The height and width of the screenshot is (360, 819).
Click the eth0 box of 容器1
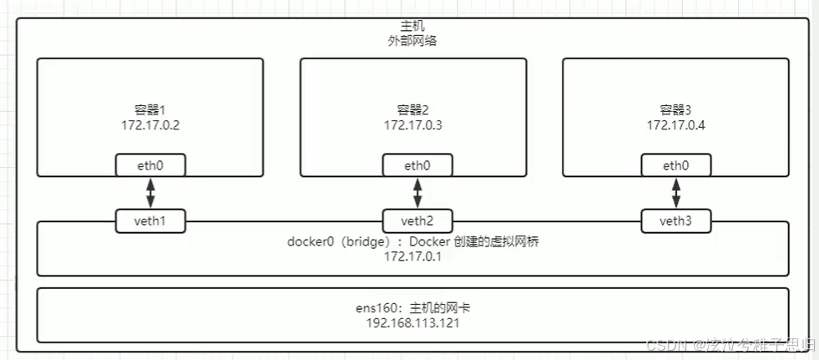pyautogui.click(x=150, y=165)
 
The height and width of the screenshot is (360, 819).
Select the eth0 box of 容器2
pyautogui.click(x=417, y=165)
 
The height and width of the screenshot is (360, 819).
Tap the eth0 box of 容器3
pyautogui.click(x=675, y=165)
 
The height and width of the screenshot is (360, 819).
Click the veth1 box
pyautogui.click(x=150, y=221)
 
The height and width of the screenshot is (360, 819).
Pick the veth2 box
pyautogui.click(x=417, y=221)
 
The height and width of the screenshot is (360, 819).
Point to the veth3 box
pyautogui.click(x=675, y=221)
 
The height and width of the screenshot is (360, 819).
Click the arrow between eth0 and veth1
pyautogui.click(x=150, y=193)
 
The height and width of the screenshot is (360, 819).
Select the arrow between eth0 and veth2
pyautogui.click(x=417, y=193)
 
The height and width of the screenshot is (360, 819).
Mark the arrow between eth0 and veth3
pyautogui.click(x=675, y=193)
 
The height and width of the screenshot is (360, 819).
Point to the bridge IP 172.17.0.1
pyautogui.click(x=412, y=256)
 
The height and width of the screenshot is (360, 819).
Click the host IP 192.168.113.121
pyautogui.click(x=412, y=322)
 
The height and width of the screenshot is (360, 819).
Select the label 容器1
pyautogui.click(x=150, y=109)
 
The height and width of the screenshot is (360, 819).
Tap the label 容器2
pyautogui.click(x=412, y=109)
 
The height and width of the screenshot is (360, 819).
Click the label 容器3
pyautogui.click(x=675, y=109)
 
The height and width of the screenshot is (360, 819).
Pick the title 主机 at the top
pyautogui.click(x=412, y=27)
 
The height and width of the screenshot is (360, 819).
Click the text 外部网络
pyautogui.click(x=412, y=41)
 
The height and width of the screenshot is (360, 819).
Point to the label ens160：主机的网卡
pyautogui.click(x=412, y=308)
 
